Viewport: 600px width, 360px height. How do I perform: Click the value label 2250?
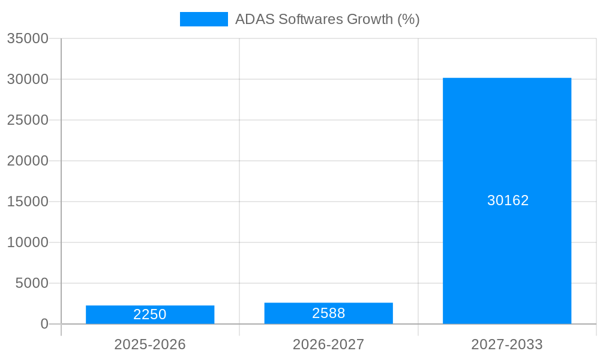150,314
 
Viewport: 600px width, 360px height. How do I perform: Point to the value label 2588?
328,313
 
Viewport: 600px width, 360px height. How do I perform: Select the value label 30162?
508,200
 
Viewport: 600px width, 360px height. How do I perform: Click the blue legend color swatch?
204,19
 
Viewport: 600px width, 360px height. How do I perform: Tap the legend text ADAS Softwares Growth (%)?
327,19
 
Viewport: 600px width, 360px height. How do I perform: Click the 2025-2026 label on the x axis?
150,344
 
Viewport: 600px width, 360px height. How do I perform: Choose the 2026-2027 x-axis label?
328,344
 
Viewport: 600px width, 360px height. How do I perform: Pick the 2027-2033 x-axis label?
507,344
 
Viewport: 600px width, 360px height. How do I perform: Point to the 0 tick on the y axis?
44,324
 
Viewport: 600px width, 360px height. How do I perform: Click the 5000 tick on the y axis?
32,283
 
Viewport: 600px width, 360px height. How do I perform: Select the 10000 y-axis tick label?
28,242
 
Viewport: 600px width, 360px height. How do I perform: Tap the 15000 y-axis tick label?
28,202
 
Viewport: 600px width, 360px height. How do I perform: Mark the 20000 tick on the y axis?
28,161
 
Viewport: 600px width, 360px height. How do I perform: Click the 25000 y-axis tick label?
28,120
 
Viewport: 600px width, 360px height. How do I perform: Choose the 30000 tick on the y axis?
28,79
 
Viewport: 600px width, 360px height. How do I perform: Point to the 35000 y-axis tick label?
28,38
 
